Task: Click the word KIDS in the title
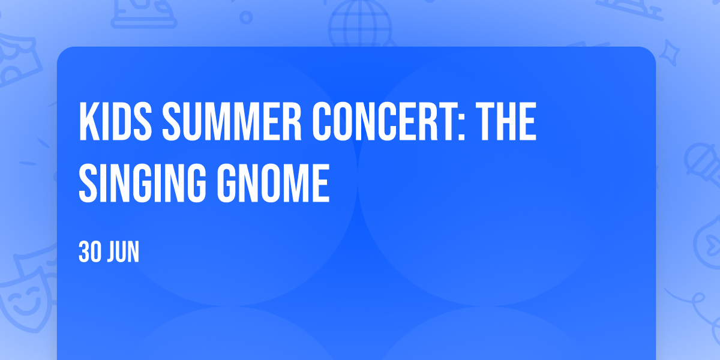115,121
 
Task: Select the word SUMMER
232,121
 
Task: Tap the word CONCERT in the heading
376,121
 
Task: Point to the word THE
506,121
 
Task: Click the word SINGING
142,183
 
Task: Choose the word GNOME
273,183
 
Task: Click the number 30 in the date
90,251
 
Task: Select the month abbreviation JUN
123,251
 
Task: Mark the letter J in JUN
111,251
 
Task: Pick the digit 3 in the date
84,251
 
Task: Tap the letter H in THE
506,121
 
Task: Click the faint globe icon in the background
360,24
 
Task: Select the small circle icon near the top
246,17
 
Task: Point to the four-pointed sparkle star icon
669,53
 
